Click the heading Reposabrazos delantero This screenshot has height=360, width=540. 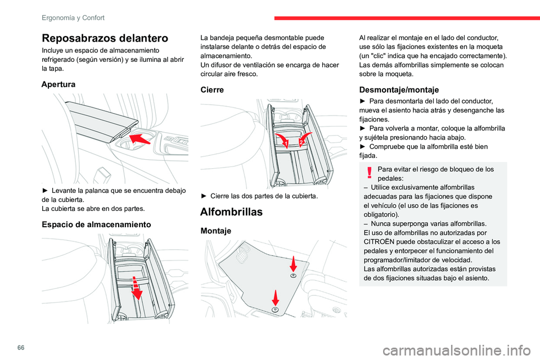point(105,38)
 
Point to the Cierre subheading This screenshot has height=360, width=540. point(212,89)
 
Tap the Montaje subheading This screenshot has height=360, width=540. point(217,231)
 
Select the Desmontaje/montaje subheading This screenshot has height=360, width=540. point(399,89)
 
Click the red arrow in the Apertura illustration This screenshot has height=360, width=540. point(139,138)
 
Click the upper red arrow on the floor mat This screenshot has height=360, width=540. point(293,264)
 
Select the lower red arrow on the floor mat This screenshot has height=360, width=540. point(276,299)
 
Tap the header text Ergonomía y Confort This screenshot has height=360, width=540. point(73,17)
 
